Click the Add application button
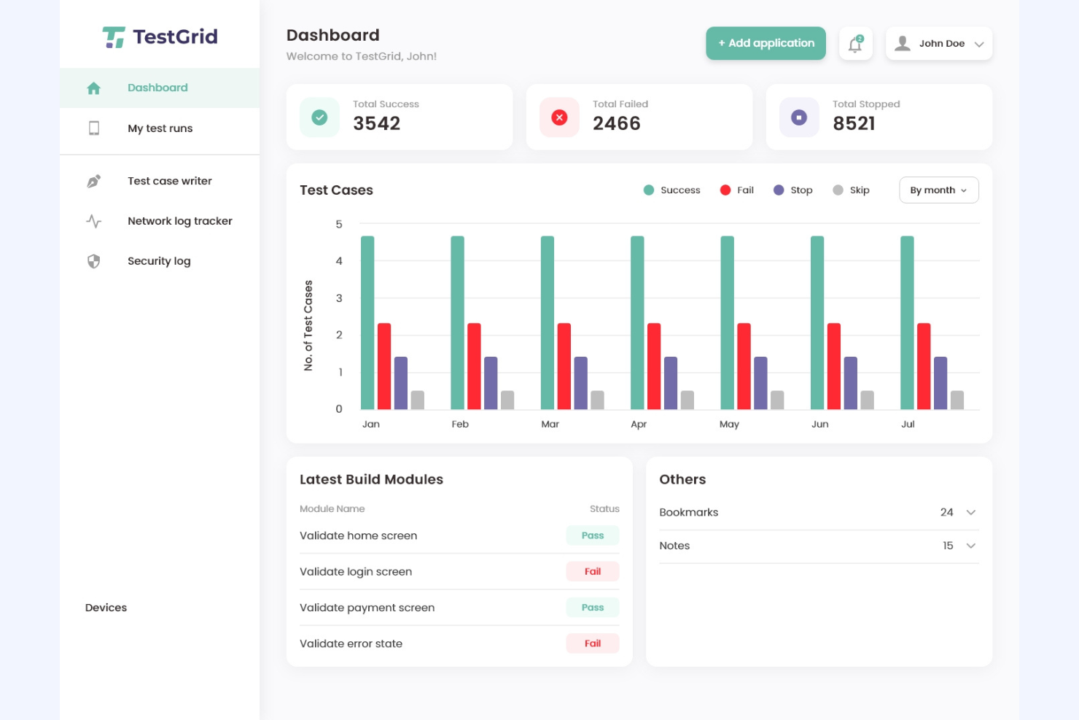(766, 44)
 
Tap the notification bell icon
(855, 44)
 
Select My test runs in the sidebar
(160, 128)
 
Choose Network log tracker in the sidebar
(179, 221)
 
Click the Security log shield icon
(94, 261)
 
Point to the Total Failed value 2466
(616, 124)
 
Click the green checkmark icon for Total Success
(319, 117)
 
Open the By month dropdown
(938, 190)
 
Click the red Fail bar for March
(564, 366)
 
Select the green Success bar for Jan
(367, 322)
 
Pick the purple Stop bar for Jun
(851, 383)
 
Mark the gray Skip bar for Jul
(957, 400)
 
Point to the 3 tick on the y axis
(339, 298)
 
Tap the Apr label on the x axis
(639, 425)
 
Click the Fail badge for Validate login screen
(593, 572)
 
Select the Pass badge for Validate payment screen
(593, 608)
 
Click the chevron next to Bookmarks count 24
(971, 513)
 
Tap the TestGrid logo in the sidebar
(160, 36)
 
